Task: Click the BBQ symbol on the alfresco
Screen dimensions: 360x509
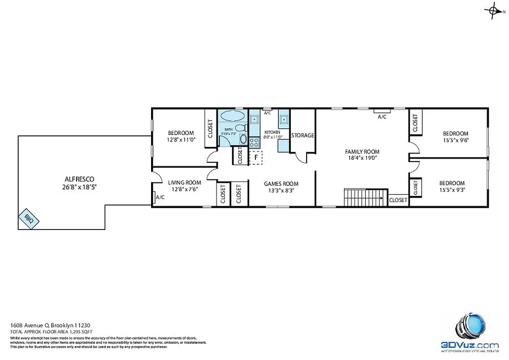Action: pyautogui.click(x=29, y=219)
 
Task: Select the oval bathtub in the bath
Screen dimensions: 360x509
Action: pyautogui.click(x=232, y=116)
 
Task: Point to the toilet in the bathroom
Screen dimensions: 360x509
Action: pyautogui.click(x=240, y=128)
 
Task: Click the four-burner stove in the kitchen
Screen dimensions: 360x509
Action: pyautogui.click(x=254, y=143)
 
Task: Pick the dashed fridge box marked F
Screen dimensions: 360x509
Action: pyautogui.click(x=255, y=157)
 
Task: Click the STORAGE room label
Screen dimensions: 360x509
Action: pyautogui.click(x=303, y=135)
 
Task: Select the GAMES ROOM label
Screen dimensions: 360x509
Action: pyautogui.click(x=281, y=184)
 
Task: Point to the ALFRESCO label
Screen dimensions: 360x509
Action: pyautogui.click(x=79, y=179)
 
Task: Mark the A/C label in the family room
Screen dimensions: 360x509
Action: pyautogui.click(x=382, y=117)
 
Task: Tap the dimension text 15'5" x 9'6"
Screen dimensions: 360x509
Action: pyautogui.click(x=455, y=140)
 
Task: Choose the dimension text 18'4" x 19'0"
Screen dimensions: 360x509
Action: pyautogui.click(x=362, y=158)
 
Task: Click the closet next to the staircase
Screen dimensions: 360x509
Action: pyautogui.click(x=398, y=200)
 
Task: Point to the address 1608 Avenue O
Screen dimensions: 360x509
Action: pyautogui.click(x=30, y=325)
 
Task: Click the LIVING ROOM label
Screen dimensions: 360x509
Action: pyautogui.click(x=184, y=182)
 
